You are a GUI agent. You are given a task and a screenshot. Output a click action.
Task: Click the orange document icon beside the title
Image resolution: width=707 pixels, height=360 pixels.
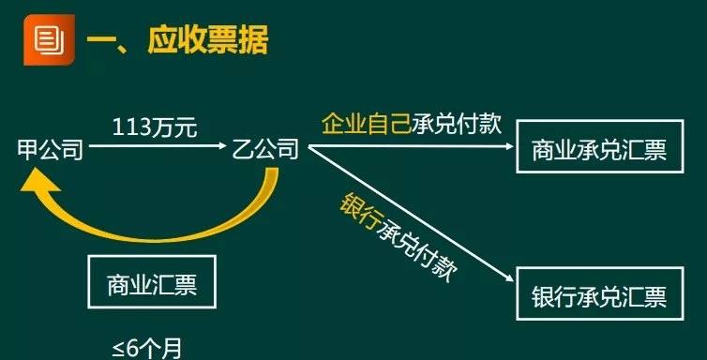pyautogui.click(x=45, y=39)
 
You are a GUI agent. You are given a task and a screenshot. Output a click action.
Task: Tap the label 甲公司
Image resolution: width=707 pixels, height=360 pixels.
pyautogui.click(x=50, y=150)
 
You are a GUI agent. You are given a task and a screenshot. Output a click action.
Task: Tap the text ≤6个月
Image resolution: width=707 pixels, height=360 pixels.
pyautogui.click(x=147, y=348)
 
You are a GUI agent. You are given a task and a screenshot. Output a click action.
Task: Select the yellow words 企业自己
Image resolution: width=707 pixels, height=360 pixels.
pyautogui.click(x=367, y=123)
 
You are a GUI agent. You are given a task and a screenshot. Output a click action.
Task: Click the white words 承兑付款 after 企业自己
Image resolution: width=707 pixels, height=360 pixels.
pyautogui.click(x=458, y=123)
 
